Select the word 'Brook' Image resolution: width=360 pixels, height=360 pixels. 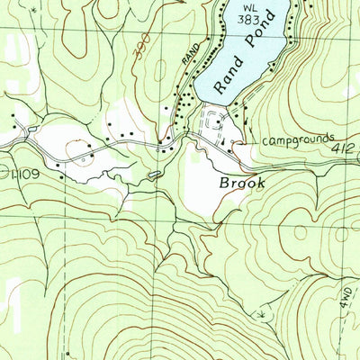point(242,182)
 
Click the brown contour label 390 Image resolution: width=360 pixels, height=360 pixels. point(139,54)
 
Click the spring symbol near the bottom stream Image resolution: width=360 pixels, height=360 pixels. point(262,315)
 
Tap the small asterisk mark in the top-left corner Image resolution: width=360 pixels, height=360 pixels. point(33,6)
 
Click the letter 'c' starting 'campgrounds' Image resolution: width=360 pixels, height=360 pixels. point(265,142)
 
